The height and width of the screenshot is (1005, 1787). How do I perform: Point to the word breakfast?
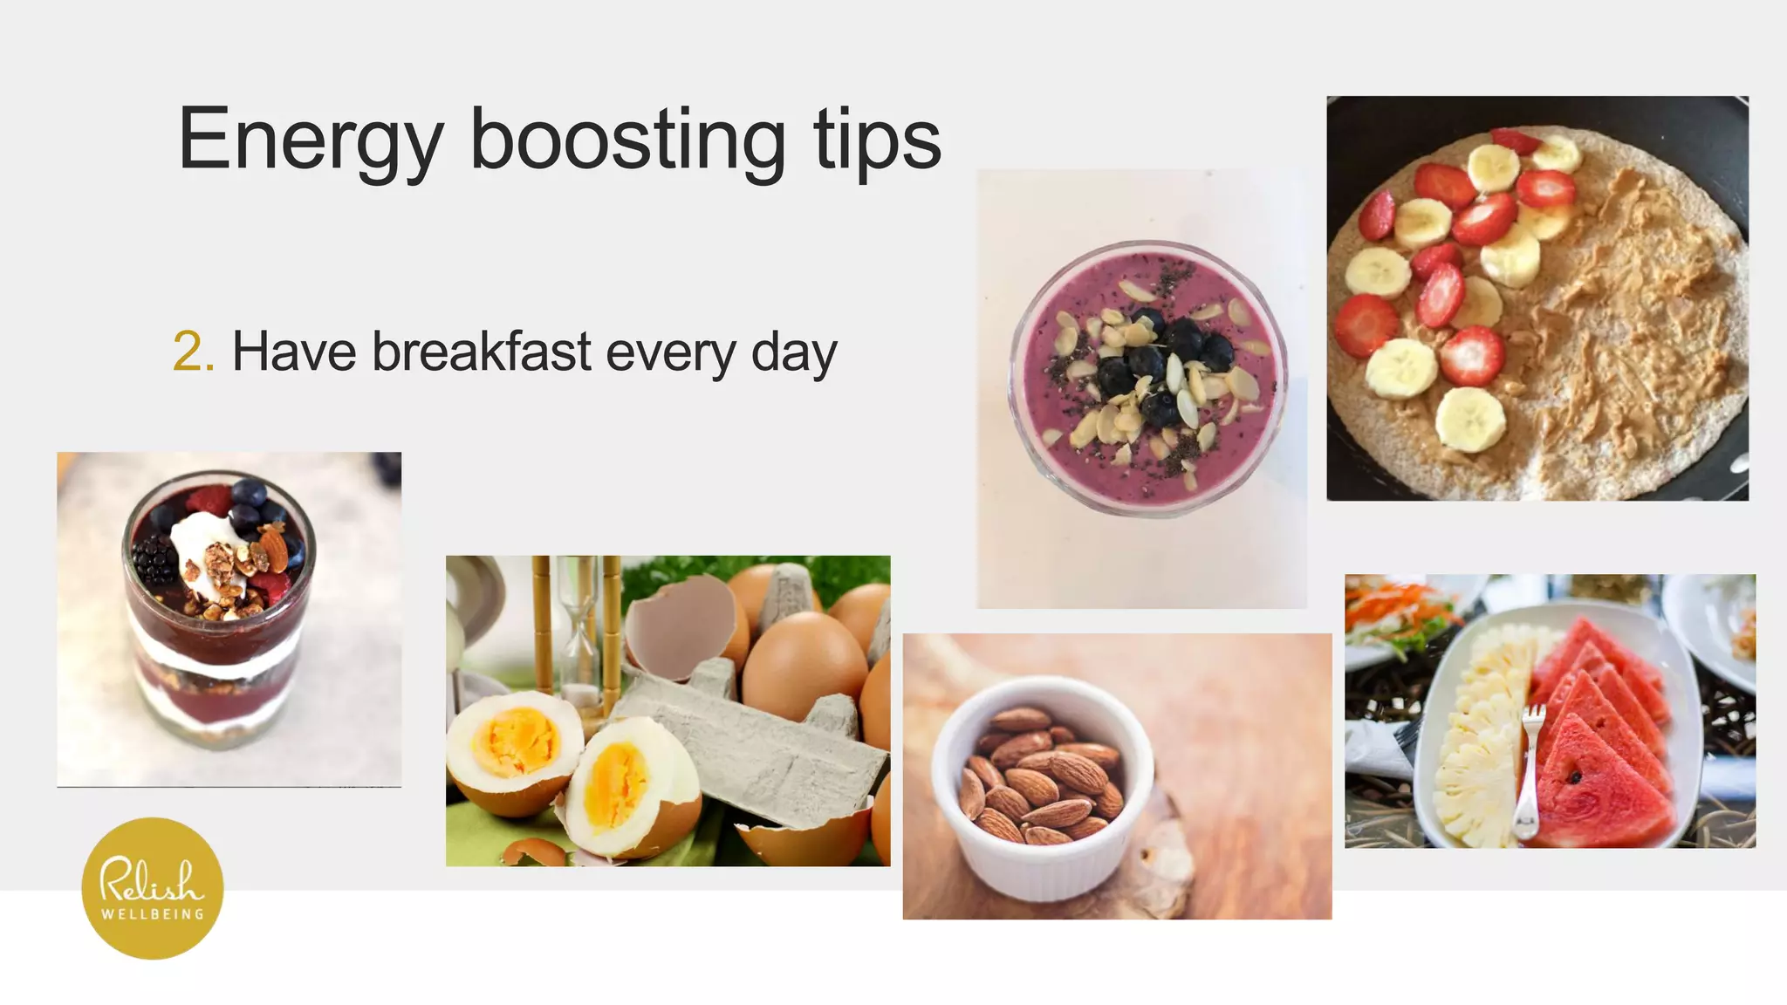pyautogui.click(x=482, y=352)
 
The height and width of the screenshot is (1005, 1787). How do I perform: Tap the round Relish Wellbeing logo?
pyautogui.click(x=153, y=888)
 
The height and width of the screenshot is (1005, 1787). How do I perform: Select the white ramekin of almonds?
pyautogui.click(x=1042, y=785)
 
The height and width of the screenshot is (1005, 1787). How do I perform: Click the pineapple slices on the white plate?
pyautogui.click(x=1483, y=742)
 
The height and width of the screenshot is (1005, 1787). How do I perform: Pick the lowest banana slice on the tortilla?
pyautogui.click(x=1471, y=419)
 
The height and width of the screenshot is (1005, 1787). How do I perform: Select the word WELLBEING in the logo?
pyautogui.click(x=153, y=914)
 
